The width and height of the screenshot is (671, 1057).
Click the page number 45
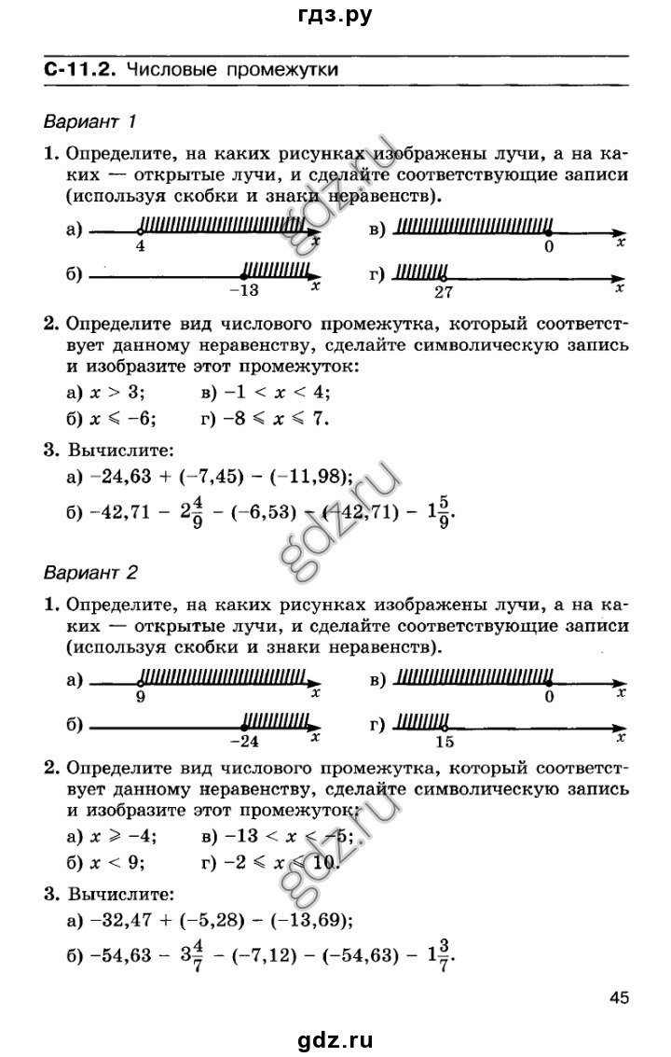click(x=621, y=998)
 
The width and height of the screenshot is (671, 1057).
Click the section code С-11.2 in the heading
click(x=80, y=69)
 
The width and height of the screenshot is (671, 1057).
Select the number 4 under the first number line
click(x=140, y=247)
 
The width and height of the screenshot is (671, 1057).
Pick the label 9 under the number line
click(x=140, y=696)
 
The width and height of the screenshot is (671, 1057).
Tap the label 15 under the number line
click(x=444, y=741)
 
